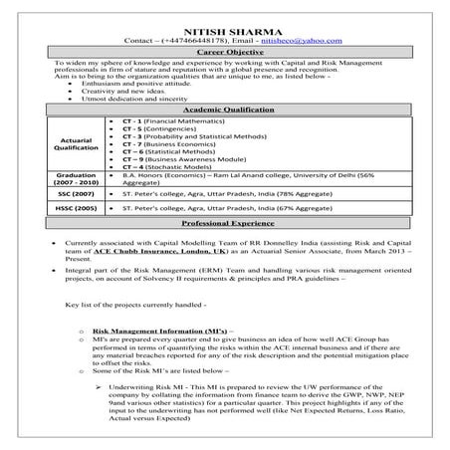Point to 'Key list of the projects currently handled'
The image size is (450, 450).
coord(133,306)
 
